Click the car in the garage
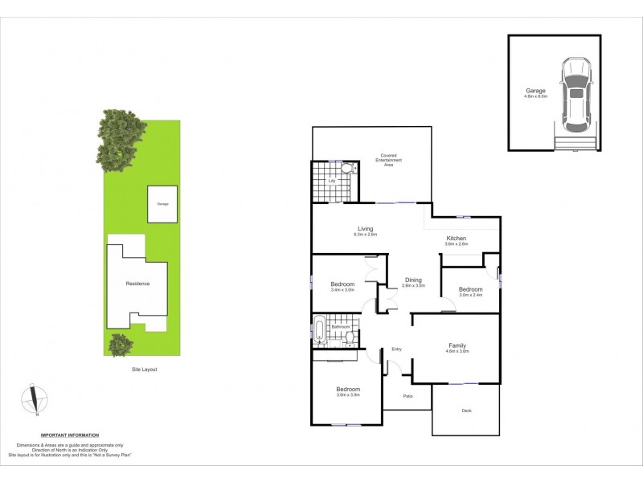coord(575,94)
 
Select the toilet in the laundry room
coord(348,169)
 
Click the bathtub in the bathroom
coord(318,330)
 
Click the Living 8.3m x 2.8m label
coord(366,232)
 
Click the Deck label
coord(466,411)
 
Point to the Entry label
coord(396,349)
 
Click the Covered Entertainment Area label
coord(388,159)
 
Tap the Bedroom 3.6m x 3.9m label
coord(348,391)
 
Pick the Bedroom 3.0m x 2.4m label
coord(470,291)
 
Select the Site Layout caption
coord(145,370)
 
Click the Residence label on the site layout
coord(137,284)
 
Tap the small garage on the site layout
coord(162,204)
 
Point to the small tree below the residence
coord(121,345)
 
